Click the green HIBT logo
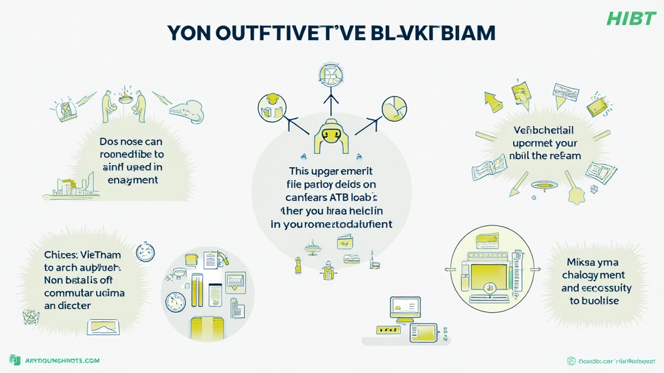point(631,18)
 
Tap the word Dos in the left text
point(110,141)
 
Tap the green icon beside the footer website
point(14,360)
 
